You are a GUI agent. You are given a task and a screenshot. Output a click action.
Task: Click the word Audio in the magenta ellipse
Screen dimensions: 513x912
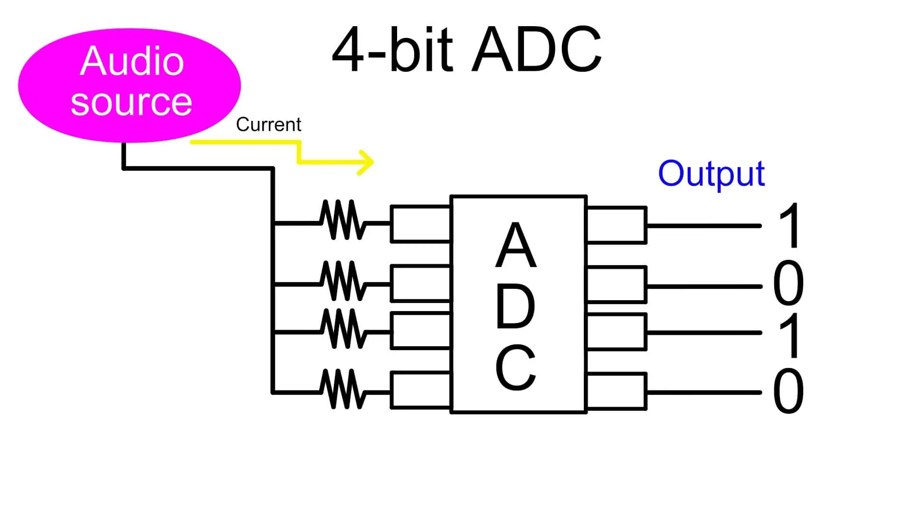(x=132, y=61)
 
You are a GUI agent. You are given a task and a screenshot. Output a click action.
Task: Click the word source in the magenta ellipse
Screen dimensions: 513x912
(x=131, y=102)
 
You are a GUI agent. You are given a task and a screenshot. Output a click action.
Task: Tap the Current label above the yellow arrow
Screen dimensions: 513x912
(x=268, y=124)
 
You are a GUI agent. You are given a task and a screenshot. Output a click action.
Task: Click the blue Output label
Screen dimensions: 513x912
(x=711, y=174)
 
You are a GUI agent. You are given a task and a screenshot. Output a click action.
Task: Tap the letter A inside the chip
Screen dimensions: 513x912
(x=516, y=246)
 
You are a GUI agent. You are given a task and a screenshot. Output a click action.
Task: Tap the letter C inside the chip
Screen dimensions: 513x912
(x=515, y=368)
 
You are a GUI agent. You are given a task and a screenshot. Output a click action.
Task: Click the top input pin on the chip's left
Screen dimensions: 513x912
(x=420, y=224)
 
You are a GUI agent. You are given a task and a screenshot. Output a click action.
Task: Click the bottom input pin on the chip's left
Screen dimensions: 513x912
(x=420, y=390)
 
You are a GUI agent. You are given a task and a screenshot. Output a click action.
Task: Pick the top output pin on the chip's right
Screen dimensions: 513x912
(x=617, y=225)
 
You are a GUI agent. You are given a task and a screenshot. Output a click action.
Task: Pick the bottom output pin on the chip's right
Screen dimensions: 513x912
(x=617, y=392)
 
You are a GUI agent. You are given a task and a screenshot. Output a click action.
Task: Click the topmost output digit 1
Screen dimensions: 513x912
(x=790, y=226)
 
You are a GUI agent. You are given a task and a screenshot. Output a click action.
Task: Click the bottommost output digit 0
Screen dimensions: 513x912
(x=788, y=391)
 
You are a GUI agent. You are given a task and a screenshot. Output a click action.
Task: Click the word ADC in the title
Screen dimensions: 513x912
(x=537, y=49)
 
